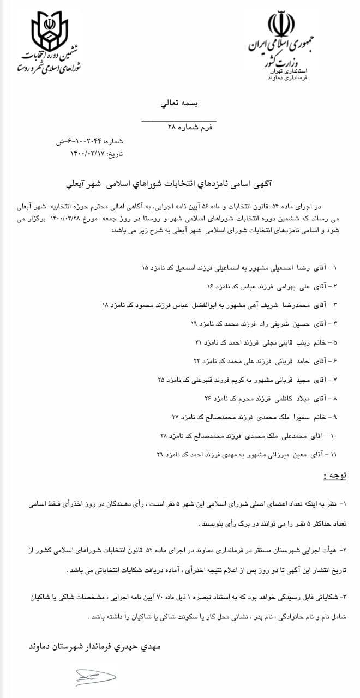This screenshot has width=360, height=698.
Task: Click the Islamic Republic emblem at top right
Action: (x=281, y=25)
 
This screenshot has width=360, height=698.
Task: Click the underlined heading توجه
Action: (x=332, y=477)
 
